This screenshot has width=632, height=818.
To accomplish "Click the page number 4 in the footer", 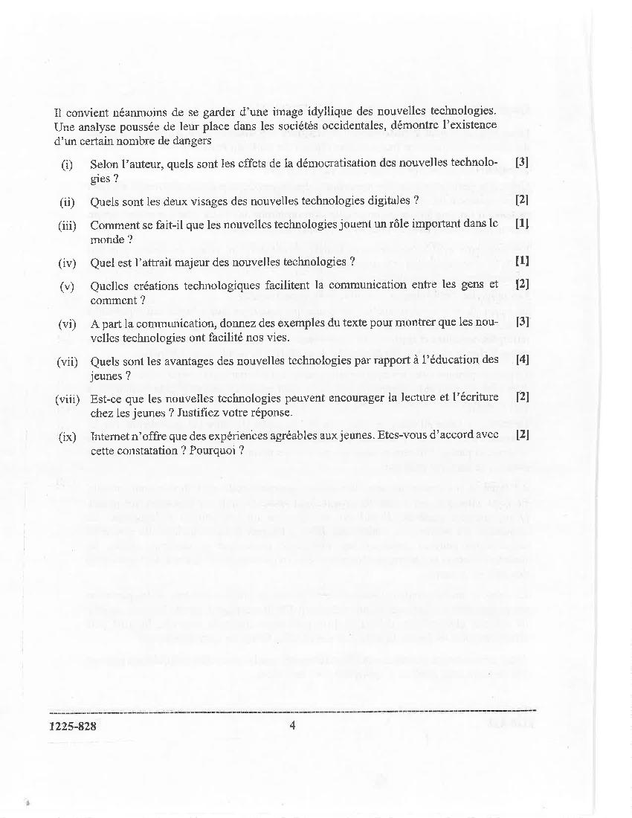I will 292,726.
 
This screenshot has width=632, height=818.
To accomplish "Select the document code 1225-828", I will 72,727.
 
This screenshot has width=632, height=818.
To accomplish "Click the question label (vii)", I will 67,361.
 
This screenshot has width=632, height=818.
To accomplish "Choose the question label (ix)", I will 67,437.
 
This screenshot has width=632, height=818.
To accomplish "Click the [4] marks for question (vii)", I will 522,360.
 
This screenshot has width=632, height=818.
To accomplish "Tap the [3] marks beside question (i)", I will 522,161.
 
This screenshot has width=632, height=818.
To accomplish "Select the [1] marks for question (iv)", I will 522,260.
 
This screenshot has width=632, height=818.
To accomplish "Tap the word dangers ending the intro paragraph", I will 193,140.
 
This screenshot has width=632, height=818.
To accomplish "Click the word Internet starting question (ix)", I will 112,437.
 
